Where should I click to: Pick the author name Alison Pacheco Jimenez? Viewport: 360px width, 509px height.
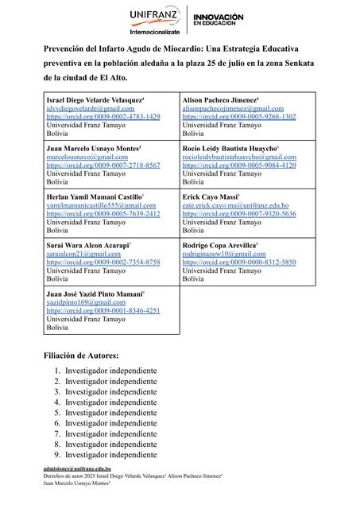pos(220,99)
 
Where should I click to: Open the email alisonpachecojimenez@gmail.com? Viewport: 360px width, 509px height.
pos(238,107)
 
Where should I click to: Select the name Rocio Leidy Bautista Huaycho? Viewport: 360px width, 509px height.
pos(229,148)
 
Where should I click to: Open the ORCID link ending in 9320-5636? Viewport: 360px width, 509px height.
pos(239,214)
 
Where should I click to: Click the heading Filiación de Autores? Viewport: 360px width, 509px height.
pos(82,355)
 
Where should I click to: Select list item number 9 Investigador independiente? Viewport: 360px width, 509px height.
pos(110,455)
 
